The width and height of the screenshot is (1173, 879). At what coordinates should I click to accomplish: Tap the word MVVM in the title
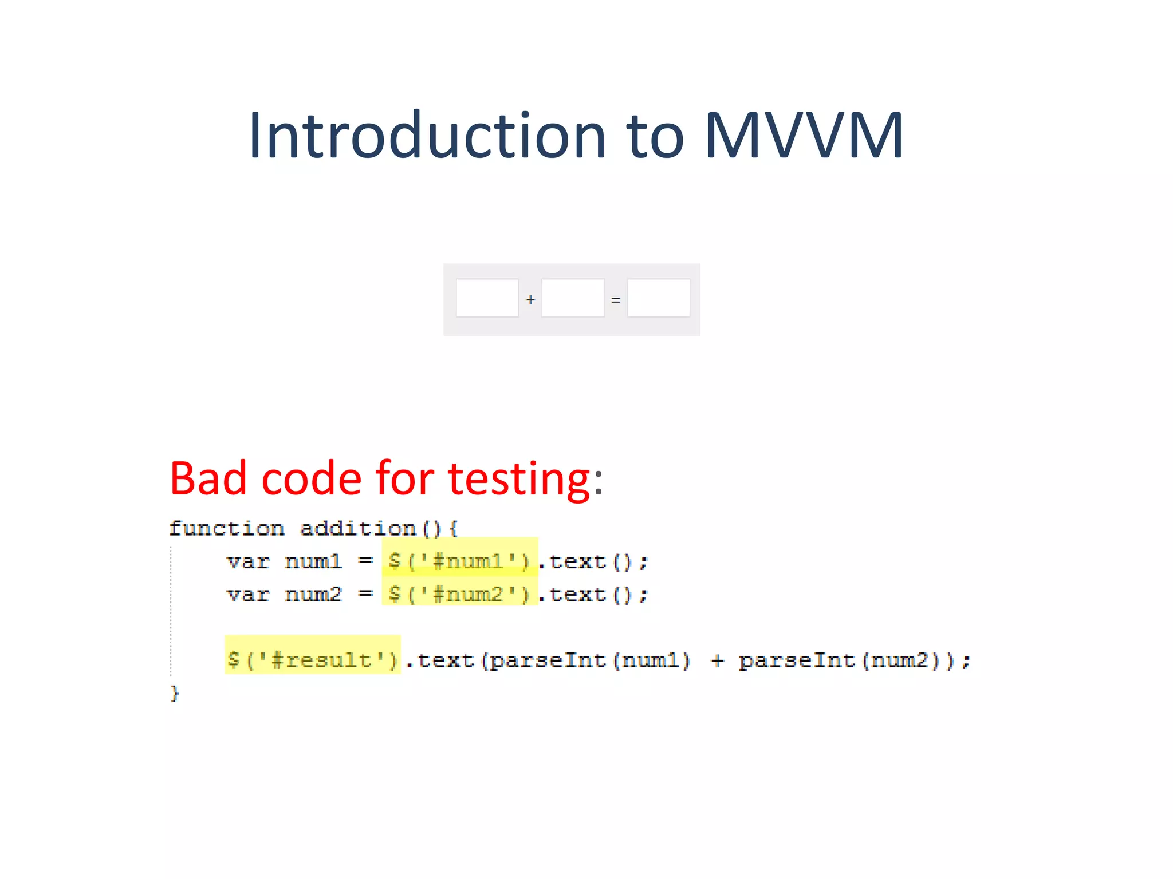(804, 136)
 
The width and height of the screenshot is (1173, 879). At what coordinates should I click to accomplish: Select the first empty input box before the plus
(487, 298)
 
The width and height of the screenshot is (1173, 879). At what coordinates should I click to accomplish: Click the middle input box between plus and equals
(573, 298)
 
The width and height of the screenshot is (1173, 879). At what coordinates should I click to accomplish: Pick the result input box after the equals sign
(659, 298)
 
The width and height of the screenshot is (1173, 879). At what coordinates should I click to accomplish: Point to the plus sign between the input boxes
(530, 299)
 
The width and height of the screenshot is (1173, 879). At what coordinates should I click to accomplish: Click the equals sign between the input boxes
(616, 300)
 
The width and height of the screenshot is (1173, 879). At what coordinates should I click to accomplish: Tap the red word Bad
(208, 478)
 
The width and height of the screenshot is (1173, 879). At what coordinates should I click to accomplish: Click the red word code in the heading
(312, 478)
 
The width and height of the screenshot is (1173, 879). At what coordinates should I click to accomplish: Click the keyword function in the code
(227, 528)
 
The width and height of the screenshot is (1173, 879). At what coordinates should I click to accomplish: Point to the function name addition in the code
(358, 528)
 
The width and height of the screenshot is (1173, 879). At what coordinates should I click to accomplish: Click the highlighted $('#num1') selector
(459, 561)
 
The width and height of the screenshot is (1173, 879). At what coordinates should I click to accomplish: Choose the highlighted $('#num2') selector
(459, 594)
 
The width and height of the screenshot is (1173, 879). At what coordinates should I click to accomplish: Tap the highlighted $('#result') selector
(312, 660)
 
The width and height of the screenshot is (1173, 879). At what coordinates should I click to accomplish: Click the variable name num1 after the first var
(313, 561)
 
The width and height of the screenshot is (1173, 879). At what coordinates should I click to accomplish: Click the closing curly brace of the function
(175, 693)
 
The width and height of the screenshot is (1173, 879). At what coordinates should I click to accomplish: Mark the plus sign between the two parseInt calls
(717, 660)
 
